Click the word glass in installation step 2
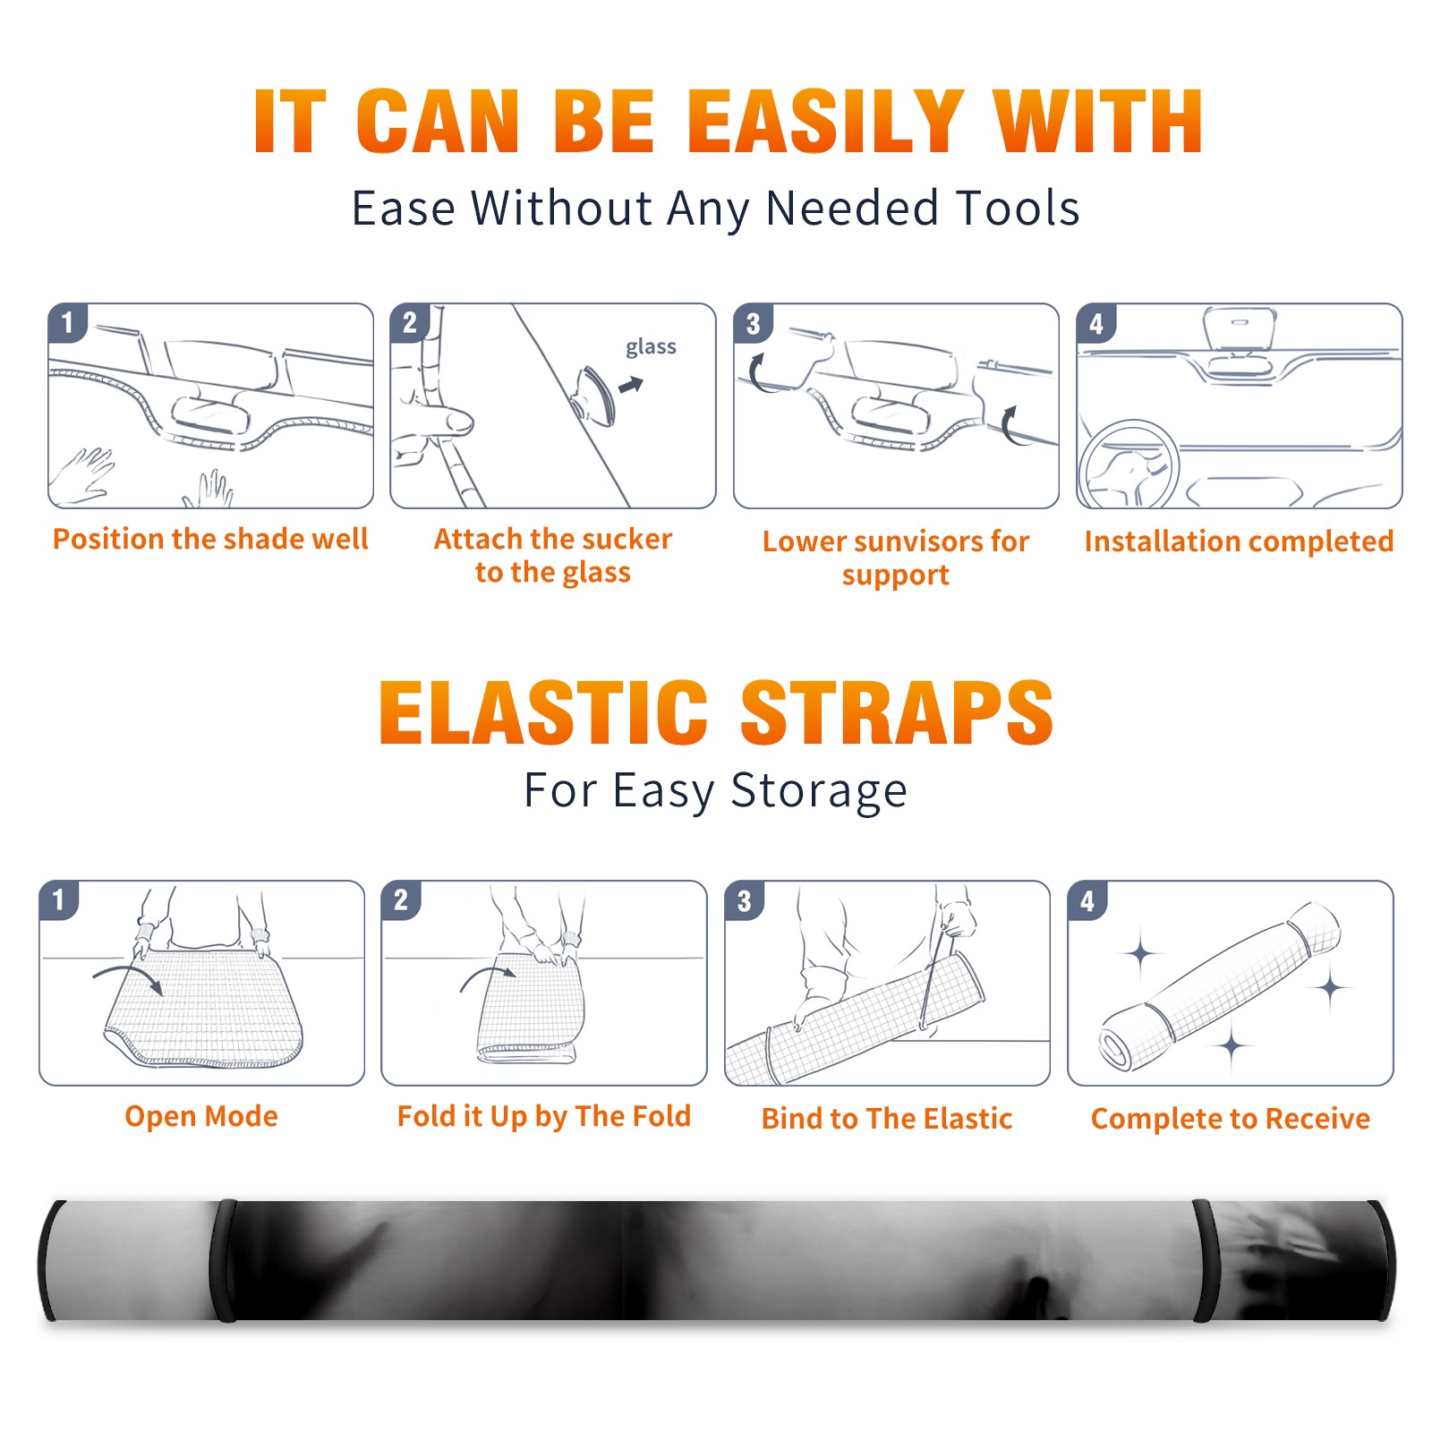[x=651, y=347]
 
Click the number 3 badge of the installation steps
[x=754, y=323]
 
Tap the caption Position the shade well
[x=210, y=539]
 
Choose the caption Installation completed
[x=1239, y=541]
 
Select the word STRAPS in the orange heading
[x=897, y=712]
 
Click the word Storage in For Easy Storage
[x=819, y=791]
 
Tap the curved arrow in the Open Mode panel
[x=129, y=978]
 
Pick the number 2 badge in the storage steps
[x=401, y=899]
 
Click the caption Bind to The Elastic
[x=887, y=1118]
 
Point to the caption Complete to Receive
[x=1231, y=1118]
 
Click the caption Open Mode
[x=201, y=1116]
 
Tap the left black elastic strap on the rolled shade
[x=223, y=1260]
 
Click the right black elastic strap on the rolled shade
[x=1203, y=1260]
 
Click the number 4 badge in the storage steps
[x=1087, y=899]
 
